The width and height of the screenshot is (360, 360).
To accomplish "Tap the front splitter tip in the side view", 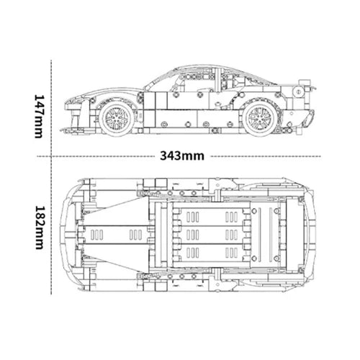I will click(x=68, y=130).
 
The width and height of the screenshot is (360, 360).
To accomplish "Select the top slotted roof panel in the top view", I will click(x=212, y=215).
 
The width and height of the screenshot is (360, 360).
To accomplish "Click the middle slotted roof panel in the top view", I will click(x=212, y=234).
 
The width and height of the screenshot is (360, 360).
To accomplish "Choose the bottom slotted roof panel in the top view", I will click(x=212, y=253).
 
